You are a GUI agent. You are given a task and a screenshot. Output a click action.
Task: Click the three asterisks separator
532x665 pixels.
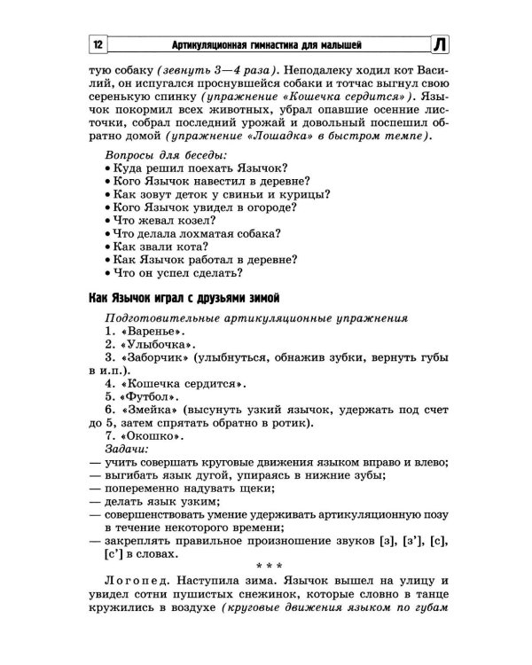tap(266, 564)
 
